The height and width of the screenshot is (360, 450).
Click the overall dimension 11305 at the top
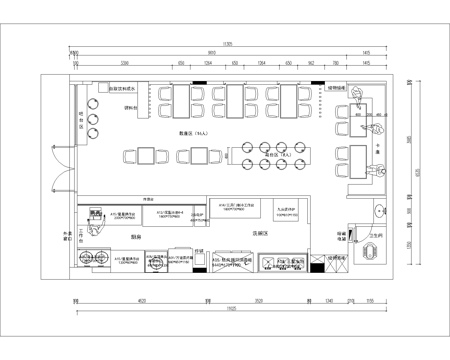[227, 44]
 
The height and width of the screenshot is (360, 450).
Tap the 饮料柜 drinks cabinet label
[127, 111]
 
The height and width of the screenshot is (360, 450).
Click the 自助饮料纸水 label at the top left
[124, 89]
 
